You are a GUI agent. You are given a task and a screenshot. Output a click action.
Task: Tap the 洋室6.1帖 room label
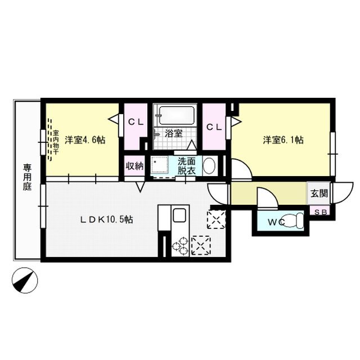click(x=283, y=140)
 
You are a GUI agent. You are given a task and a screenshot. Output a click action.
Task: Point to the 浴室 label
click(x=173, y=133)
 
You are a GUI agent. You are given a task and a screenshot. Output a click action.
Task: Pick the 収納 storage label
click(x=134, y=165)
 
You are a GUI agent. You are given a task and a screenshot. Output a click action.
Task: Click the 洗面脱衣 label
click(x=186, y=165)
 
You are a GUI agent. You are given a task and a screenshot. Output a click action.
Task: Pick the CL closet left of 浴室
click(x=134, y=121)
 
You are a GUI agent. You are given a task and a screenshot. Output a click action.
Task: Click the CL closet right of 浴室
click(x=213, y=127)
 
